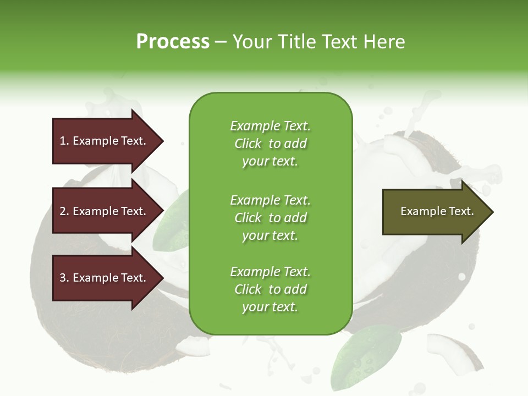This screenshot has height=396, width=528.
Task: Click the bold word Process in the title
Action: coord(173,42)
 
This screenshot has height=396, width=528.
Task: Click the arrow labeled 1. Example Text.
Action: coord(105,141)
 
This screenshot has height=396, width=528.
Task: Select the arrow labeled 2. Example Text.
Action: coord(105,211)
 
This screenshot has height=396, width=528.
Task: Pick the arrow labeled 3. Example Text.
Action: coord(105,278)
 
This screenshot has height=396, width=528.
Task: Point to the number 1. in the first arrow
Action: coord(64,141)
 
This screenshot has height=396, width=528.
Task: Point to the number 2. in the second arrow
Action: coord(64,211)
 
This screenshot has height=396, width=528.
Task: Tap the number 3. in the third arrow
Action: coord(64,278)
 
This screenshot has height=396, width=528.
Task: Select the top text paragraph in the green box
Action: coord(270,144)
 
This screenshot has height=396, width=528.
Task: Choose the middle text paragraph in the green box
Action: coord(270,218)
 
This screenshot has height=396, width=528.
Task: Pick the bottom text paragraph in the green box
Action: coord(270,289)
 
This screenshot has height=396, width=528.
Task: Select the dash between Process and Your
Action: coord(221,42)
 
